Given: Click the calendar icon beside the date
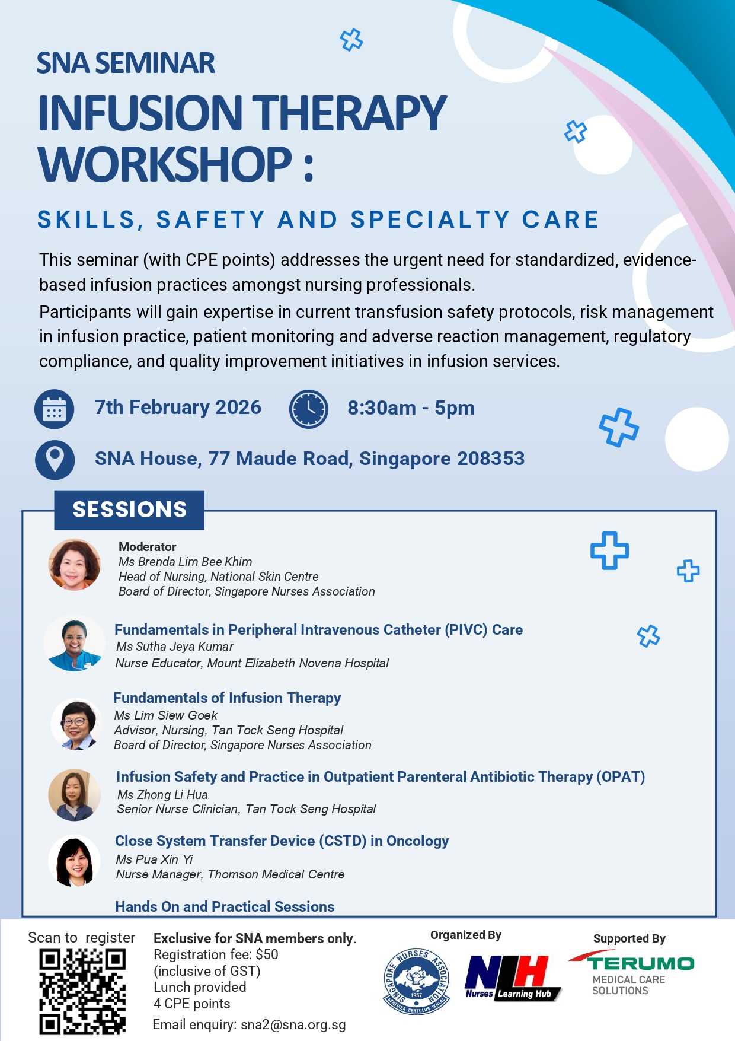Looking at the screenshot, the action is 55,409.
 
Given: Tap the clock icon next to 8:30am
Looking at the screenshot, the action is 309,409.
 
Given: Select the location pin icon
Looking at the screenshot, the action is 55,460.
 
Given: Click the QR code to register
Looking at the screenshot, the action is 82,991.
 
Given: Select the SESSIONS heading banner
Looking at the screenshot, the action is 129,510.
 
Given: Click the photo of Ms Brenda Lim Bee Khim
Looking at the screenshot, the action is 75,564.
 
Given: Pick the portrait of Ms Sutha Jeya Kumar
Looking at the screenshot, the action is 75,644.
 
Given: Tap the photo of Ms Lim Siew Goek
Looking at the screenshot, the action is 76,724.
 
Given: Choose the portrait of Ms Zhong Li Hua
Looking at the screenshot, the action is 75,795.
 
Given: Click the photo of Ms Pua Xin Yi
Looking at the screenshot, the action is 75,861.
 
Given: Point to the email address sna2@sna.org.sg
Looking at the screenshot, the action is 293,1025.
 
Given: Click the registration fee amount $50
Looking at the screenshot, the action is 267,954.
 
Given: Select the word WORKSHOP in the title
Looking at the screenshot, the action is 165,164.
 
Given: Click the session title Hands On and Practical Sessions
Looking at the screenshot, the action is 225,906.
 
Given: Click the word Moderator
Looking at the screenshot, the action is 148,547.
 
